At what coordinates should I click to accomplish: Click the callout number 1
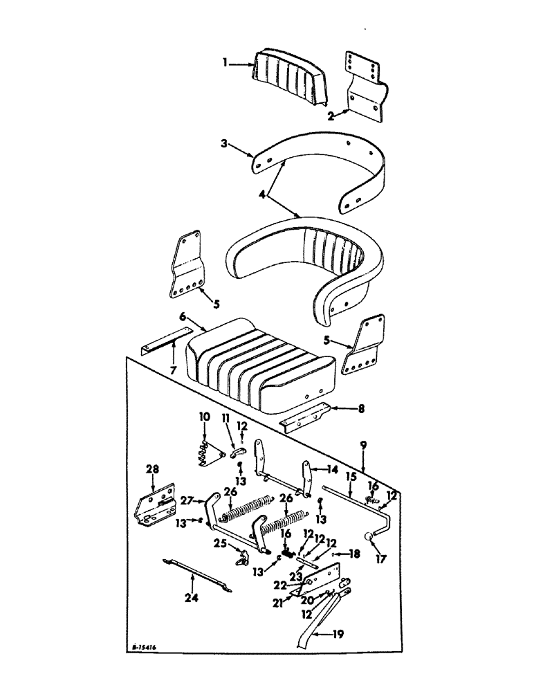[x=225, y=64]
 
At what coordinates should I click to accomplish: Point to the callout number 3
[x=225, y=145]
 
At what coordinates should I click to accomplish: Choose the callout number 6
[x=183, y=316]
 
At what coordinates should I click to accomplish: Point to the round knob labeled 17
[x=369, y=538]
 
